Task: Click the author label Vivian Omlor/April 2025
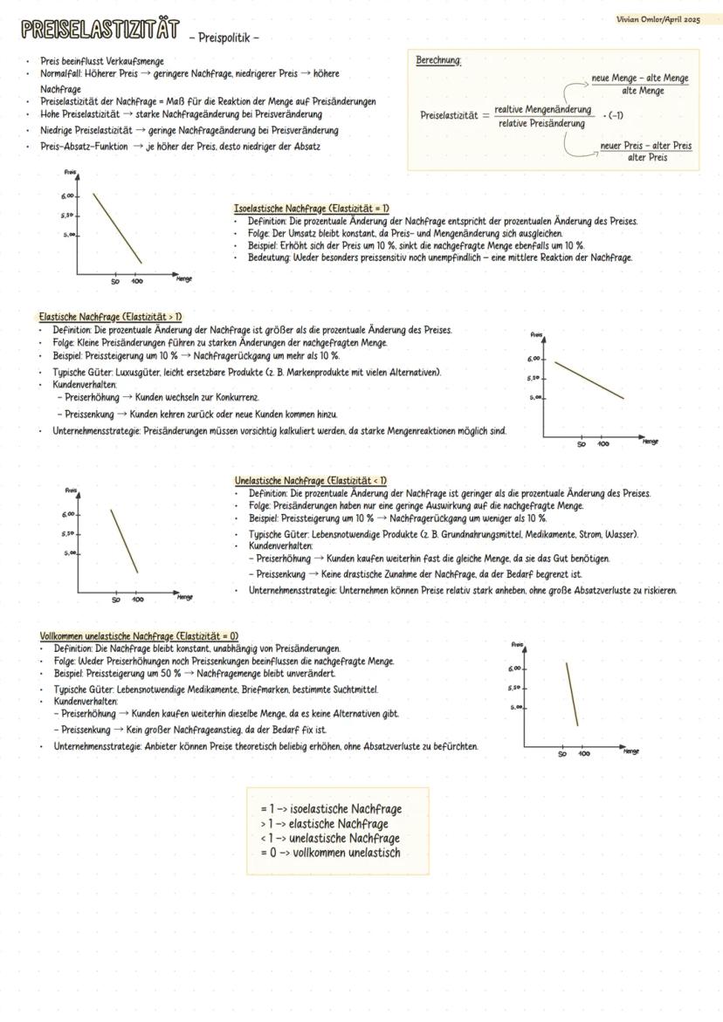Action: pyautogui.click(x=658, y=19)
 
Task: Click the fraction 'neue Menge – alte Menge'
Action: pyautogui.click(x=640, y=79)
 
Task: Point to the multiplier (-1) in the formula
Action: pyautogui.click(x=616, y=115)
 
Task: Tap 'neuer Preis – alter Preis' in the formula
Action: pyautogui.click(x=647, y=146)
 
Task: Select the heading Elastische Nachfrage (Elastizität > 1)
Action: pyautogui.click(x=110, y=317)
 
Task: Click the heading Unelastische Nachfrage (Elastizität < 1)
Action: pyautogui.click(x=311, y=481)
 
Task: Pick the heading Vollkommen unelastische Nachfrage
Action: pyautogui.click(x=139, y=636)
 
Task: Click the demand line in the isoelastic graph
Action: pyautogui.click(x=118, y=228)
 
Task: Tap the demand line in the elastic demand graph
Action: pyautogui.click(x=589, y=381)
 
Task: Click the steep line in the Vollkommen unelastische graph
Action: pyautogui.click(x=572, y=694)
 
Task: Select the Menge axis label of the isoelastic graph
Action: pyautogui.click(x=183, y=279)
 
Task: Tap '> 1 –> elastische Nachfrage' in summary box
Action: pyautogui.click(x=324, y=824)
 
